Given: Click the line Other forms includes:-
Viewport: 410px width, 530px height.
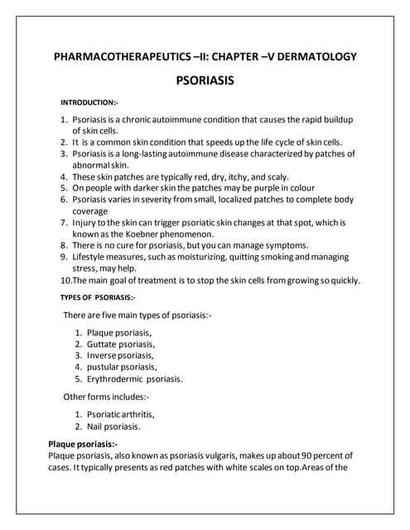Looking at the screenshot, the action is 106,397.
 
